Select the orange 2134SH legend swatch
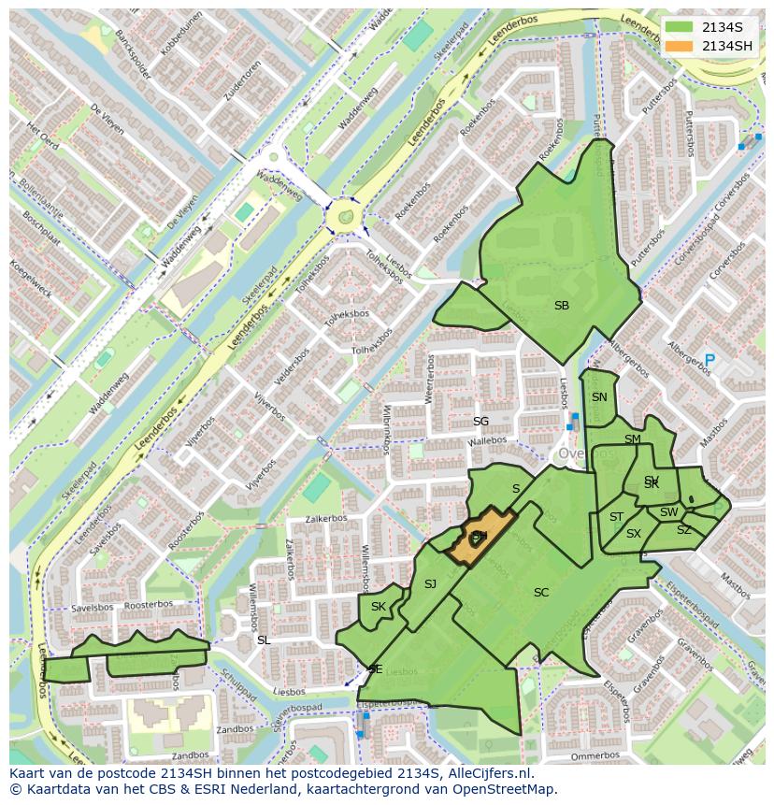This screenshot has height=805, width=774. (680, 46)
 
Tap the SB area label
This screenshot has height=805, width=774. (562, 306)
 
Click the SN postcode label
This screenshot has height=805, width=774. (599, 397)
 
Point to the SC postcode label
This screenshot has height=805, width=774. (541, 593)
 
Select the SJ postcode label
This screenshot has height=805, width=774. (430, 584)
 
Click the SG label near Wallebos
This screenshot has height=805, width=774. (480, 422)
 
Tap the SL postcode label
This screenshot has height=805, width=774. (264, 640)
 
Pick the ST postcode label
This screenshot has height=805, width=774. (616, 517)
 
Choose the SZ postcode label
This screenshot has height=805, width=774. (683, 530)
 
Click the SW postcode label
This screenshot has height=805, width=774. (668, 512)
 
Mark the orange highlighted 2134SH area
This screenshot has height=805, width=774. (480, 539)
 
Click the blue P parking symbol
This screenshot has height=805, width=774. (709, 360)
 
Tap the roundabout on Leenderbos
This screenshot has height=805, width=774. (345, 217)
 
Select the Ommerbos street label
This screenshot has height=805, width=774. (595, 755)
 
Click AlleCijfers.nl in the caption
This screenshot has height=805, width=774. (487, 773)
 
